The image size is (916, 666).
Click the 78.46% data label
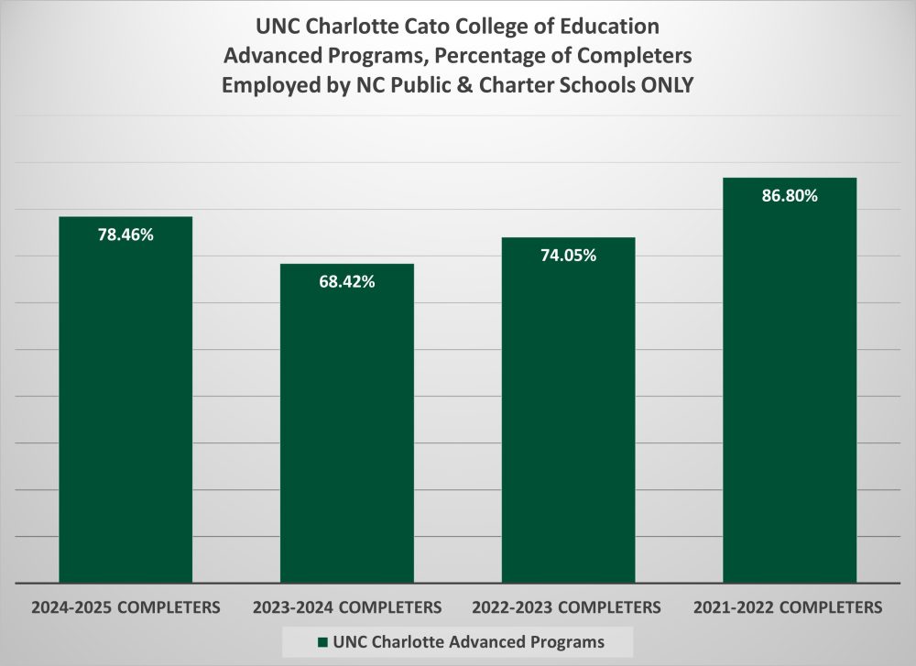click(125, 235)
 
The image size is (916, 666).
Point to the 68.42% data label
click(347, 282)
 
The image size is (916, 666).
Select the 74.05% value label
click(568, 256)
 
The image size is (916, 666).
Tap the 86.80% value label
click(790, 196)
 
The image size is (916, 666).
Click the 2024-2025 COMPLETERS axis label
click(125, 606)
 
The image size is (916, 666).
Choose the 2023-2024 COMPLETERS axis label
click(347, 606)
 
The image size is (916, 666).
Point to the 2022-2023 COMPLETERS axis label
click(568, 606)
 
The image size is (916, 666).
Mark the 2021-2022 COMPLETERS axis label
click(790, 606)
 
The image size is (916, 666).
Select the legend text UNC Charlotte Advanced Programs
click(463, 639)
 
